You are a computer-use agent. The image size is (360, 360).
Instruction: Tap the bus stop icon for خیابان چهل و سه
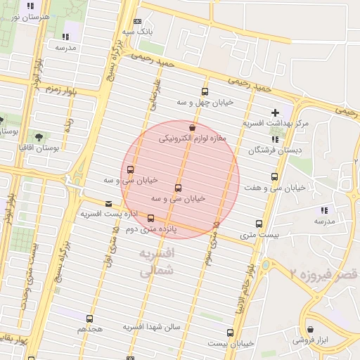pyautogui.click(x=205, y=91)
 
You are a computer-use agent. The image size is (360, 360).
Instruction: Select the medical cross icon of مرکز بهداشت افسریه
pyautogui.click(x=275, y=112)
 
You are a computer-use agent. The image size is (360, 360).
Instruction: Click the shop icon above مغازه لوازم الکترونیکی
pyautogui.click(x=193, y=127)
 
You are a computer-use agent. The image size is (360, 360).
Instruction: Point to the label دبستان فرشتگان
pyautogui.click(x=269, y=150)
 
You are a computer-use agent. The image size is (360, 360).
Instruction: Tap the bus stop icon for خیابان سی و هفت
pyautogui.click(x=274, y=177)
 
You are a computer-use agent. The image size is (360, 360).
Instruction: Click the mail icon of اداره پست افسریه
pyautogui.click(x=108, y=204)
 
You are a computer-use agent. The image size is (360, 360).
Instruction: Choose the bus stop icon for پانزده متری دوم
pyautogui.click(x=150, y=218)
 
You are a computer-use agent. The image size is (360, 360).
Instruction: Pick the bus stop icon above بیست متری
pyautogui.click(x=259, y=224)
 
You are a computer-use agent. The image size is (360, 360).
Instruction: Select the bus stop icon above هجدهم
pyautogui.click(x=89, y=319)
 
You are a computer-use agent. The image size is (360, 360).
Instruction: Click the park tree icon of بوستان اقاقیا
pyautogui.click(x=38, y=136)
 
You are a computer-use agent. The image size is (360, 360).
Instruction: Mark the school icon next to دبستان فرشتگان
pyautogui.click(x=274, y=139)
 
